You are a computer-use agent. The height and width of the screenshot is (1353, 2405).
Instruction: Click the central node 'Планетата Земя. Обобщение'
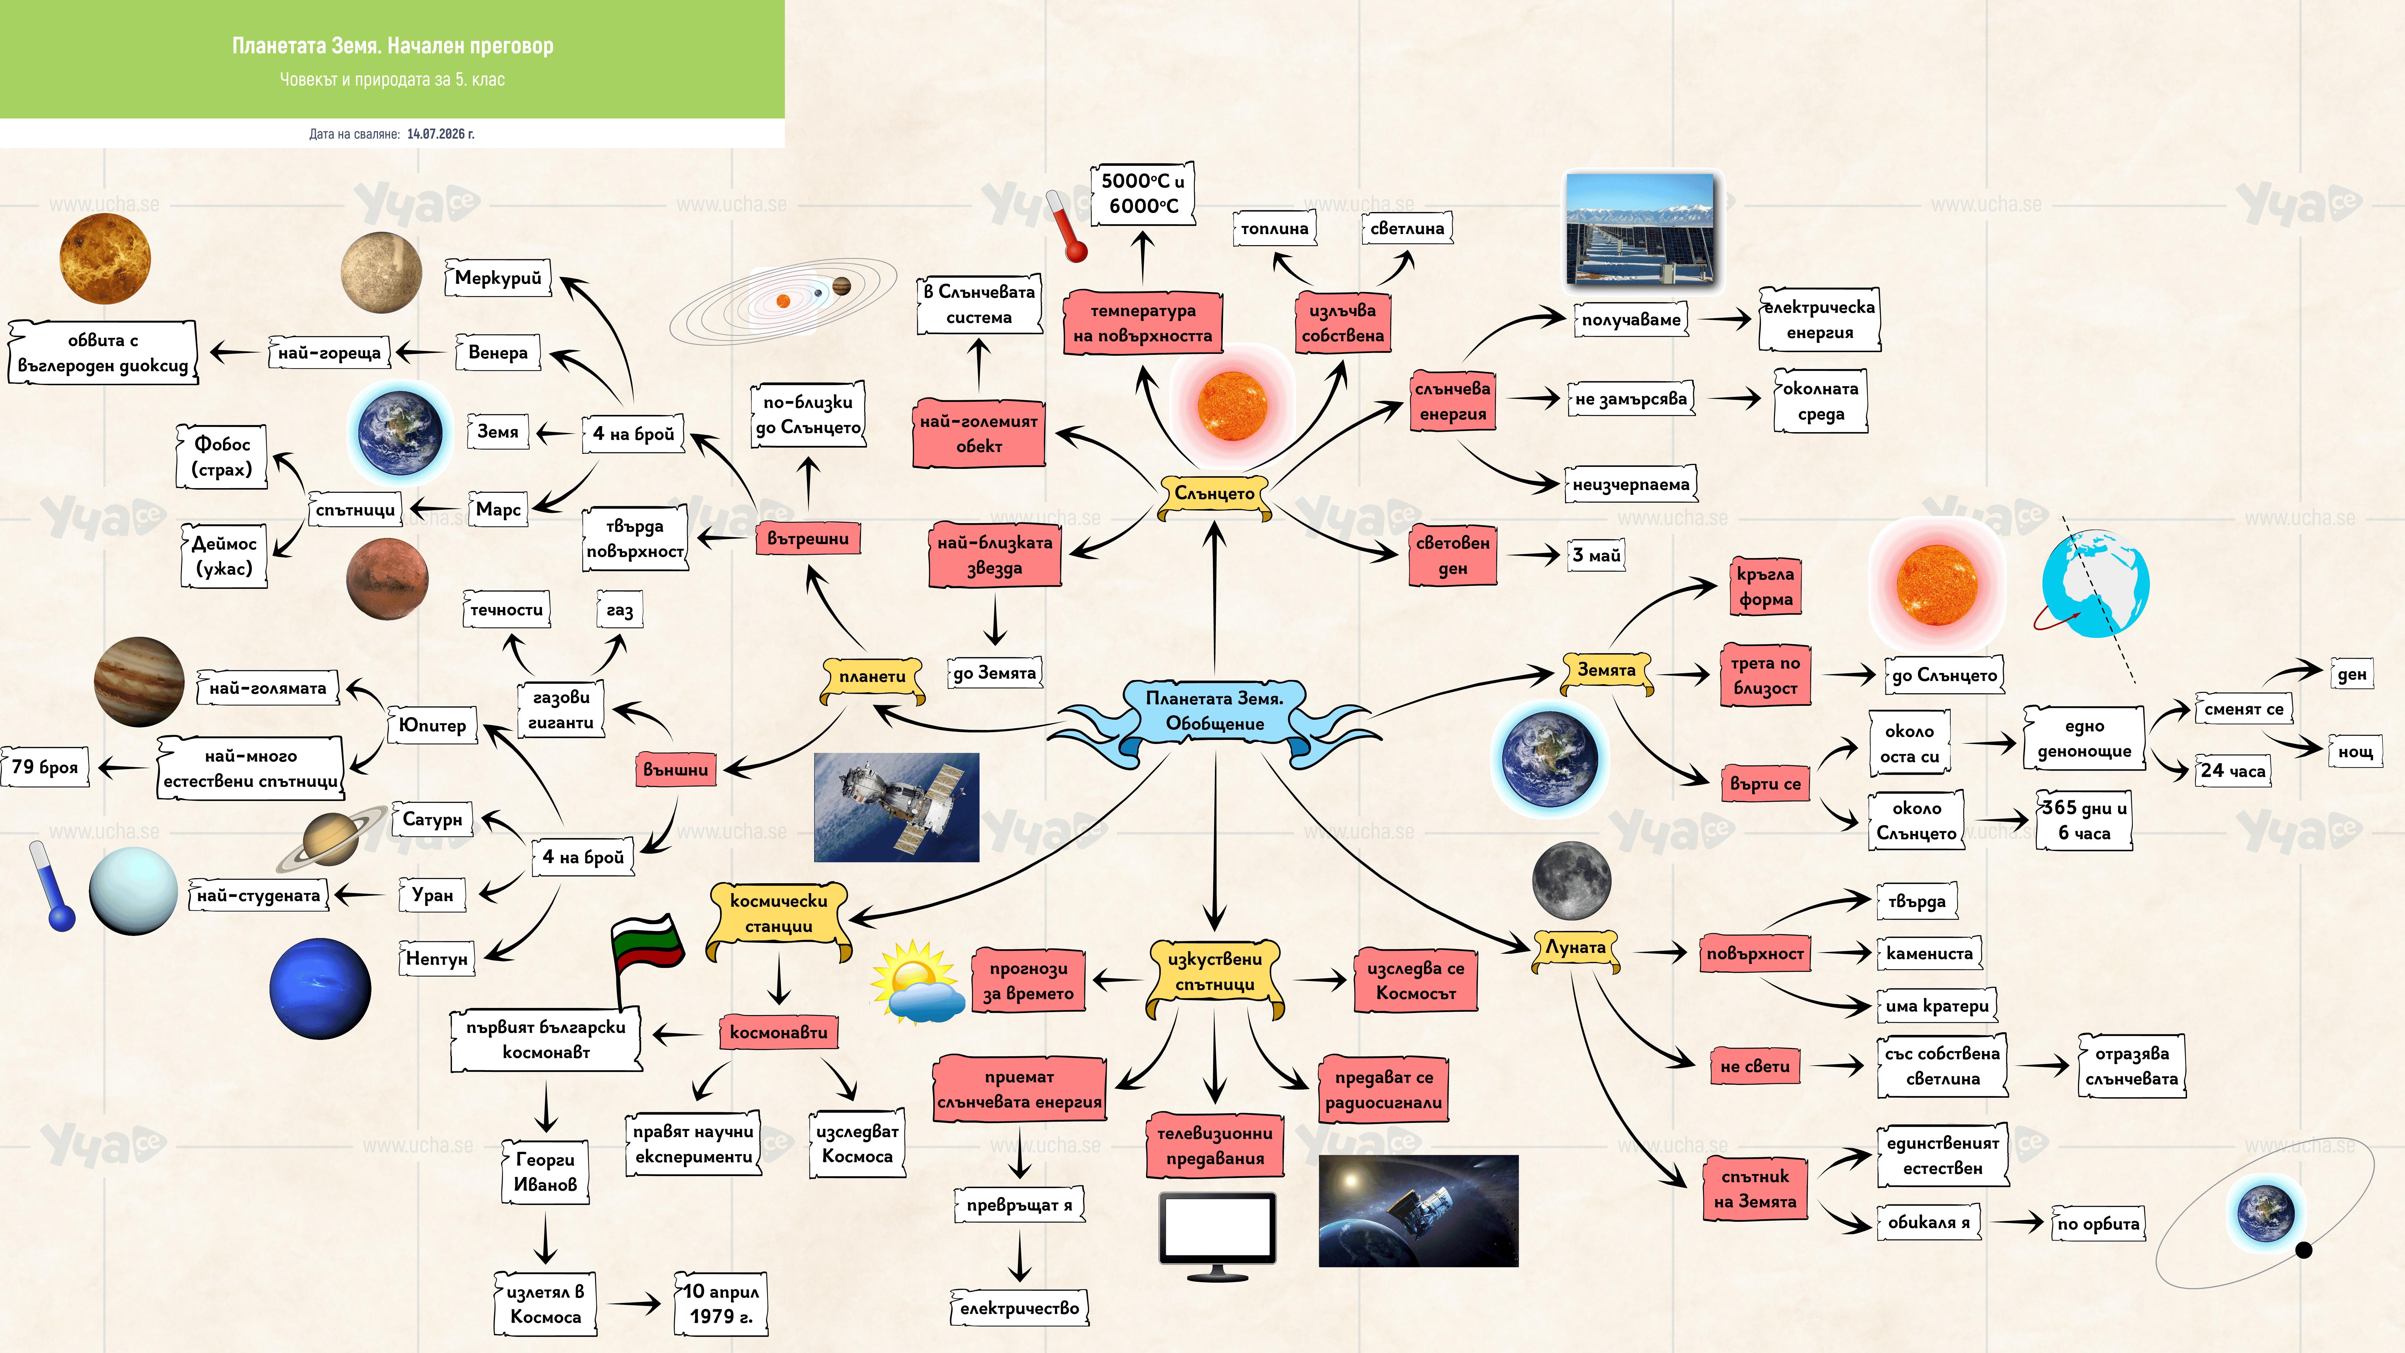click(x=1215, y=711)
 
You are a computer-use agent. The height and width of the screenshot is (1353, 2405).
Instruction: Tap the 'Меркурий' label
click(x=498, y=277)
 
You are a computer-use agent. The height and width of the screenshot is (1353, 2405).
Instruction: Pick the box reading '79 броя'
click(x=45, y=767)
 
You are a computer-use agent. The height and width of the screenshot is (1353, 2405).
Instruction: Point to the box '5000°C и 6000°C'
click(x=1143, y=193)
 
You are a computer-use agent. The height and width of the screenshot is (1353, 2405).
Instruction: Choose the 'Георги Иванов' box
click(x=545, y=1172)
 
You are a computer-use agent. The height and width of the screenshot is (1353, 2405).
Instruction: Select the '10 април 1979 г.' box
click(x=721, y=1304)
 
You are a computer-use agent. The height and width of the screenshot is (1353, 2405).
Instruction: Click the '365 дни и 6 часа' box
click(x=2084, y=820)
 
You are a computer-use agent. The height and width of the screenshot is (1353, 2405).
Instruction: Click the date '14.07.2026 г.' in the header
click(x=441, y=134)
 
